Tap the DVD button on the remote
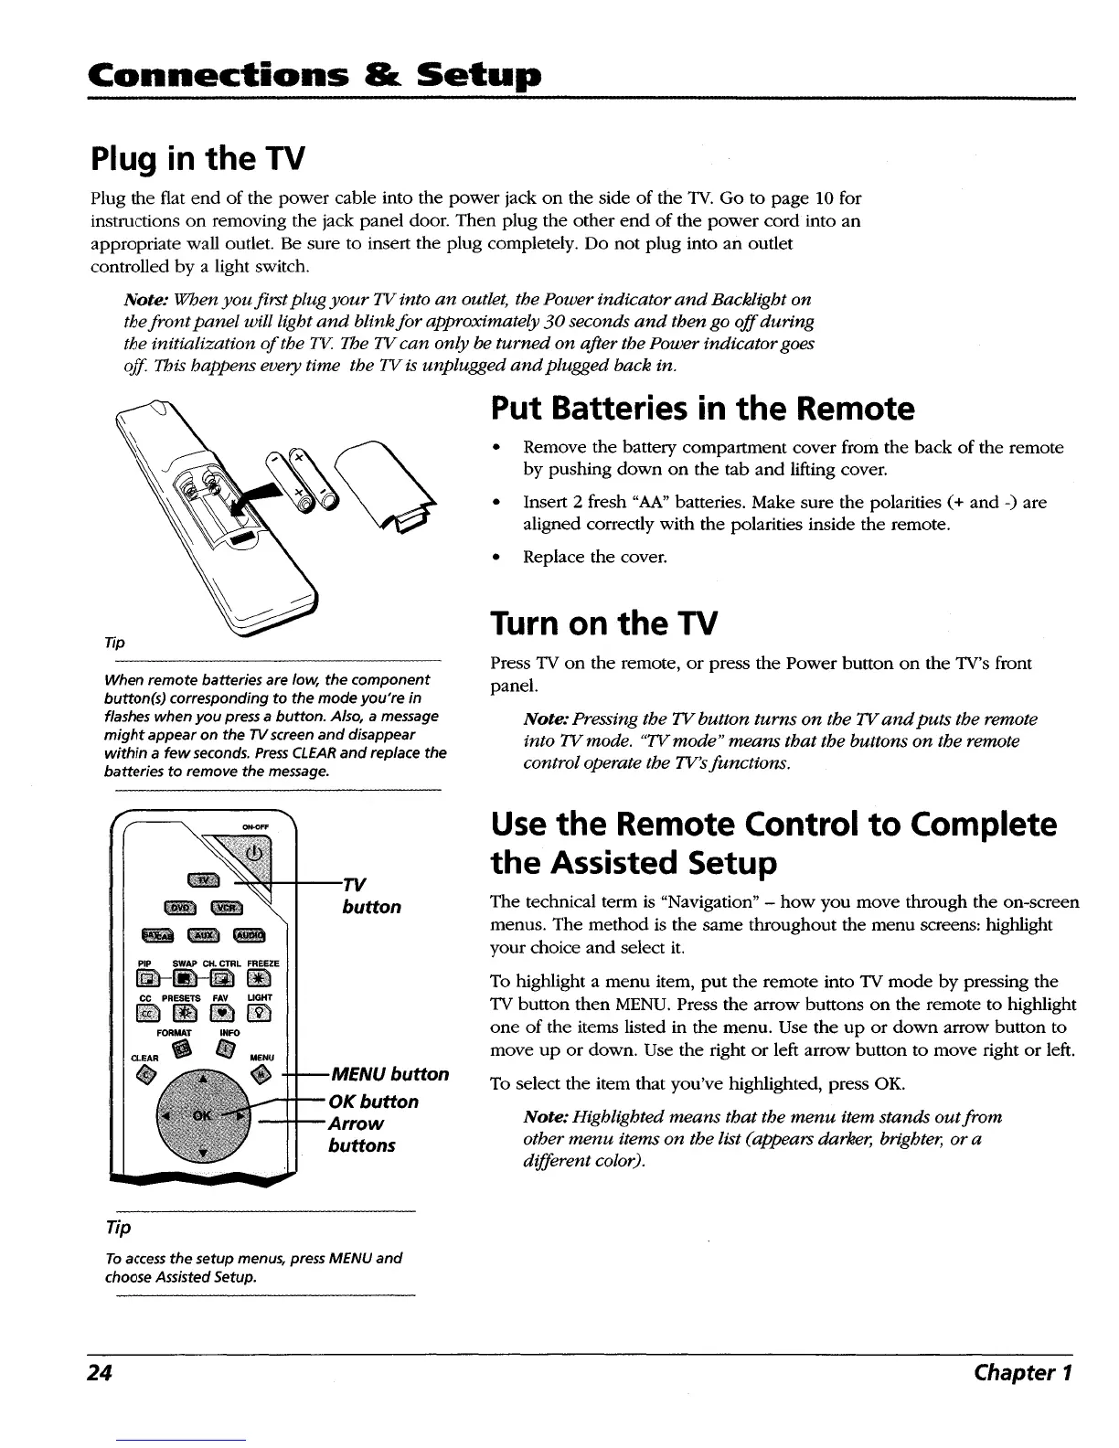pos(176,908)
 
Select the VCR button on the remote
pos(226,908)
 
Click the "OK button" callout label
pos(376,1102)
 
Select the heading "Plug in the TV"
pos(197,159)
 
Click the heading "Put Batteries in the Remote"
pos(702,409)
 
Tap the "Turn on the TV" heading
pos(604,623)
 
